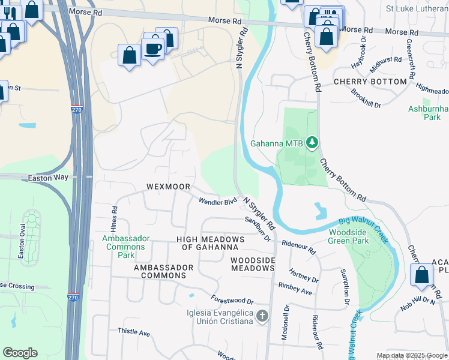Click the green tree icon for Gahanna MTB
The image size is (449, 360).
tap(312, 143)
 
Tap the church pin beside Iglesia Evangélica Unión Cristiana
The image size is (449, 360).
tap(262, 316)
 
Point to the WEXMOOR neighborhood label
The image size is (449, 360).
tap(169, 187)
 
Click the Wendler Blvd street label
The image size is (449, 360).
tap(218, 202)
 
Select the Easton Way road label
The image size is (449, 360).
tap(46, 178)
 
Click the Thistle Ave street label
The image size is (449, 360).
tap(133, 332)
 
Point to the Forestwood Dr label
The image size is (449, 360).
tap(232, 299)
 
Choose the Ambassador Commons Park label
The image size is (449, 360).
tap(126, 247)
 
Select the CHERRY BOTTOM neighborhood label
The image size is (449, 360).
tap(370, 82)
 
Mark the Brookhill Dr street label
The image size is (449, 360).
tap(366, 100)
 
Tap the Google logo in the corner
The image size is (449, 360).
tap(20, 353)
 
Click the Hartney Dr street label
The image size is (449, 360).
tap(303, 275)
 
